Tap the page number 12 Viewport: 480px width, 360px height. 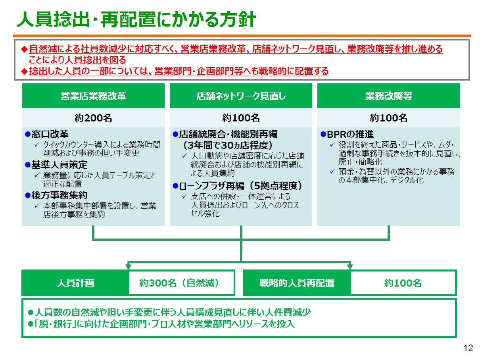pyautogui.click(x=468, y=348)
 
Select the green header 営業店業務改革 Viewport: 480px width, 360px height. pyautogui.click(x=93, y=96)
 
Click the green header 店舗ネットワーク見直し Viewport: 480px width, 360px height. pyautogui.click(x=241, y=96)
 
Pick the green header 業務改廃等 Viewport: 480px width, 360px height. pyautogui.click(x=389, y=96)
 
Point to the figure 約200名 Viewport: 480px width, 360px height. pyautogui.click(x=93, y=118)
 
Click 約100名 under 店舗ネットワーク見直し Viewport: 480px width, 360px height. pyautogui.click(x=241, y=118)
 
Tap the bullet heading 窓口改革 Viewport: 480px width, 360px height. pyautogui.click(x=50, y=134)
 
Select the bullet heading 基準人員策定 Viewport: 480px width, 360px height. pyautogui.click(x=59, y=165)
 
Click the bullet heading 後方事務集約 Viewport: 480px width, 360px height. pyautogui.click(x=59, y=195)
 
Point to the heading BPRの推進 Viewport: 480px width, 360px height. pyautogui.click(x=350, y=134)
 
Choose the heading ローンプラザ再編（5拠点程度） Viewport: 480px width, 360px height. pyautogui.click(x=241, y=186)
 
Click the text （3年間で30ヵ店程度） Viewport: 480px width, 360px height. pyautogui.click(x=228, y=145)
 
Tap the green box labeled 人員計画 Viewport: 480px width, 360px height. pyautogui.click(x=75, y=283)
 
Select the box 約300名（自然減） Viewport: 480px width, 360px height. pyautogui.click(x=182, y=283)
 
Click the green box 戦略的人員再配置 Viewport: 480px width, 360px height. pyautogui.click(x=297, y=283)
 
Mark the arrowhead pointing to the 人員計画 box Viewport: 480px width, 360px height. pyautogui.click(x=129, y=267)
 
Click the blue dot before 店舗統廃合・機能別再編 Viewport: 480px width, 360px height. pyautogui.click(x=175, y=134)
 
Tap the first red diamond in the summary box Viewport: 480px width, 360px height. pyautogui.click(x=24, y=49)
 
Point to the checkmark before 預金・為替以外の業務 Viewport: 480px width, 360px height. pyautogui.click(x=332, y=171)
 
